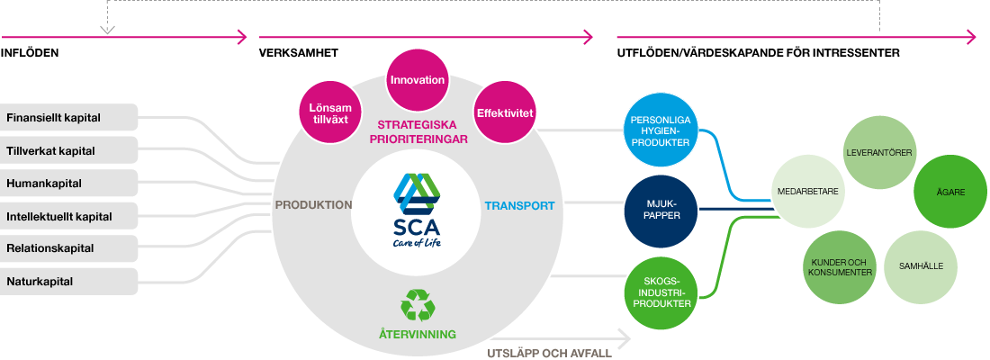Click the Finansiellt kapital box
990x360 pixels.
click(68, 118)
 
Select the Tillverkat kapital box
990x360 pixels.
click(68, 150)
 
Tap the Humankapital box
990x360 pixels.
click(68, 184)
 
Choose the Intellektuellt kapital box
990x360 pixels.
click(68, 216)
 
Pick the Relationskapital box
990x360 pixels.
click(68, 248)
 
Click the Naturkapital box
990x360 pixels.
click(68, 281)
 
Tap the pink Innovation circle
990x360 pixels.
click(418, 80)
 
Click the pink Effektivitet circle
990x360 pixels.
click(505, 114)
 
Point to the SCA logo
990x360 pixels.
click(417, 211)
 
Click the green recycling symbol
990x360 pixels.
click(418, 306)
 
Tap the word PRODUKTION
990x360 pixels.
click(314, 205)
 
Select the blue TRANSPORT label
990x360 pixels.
click(519, 206)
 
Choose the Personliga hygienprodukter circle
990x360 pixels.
click(661, 131)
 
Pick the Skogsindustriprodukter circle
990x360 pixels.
click(661, 292)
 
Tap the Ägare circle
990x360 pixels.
click(951, 192)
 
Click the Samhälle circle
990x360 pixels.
click(919, 265)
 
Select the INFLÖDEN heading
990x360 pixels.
click(30, 54)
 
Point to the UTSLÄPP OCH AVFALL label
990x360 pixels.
click(549, 354)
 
